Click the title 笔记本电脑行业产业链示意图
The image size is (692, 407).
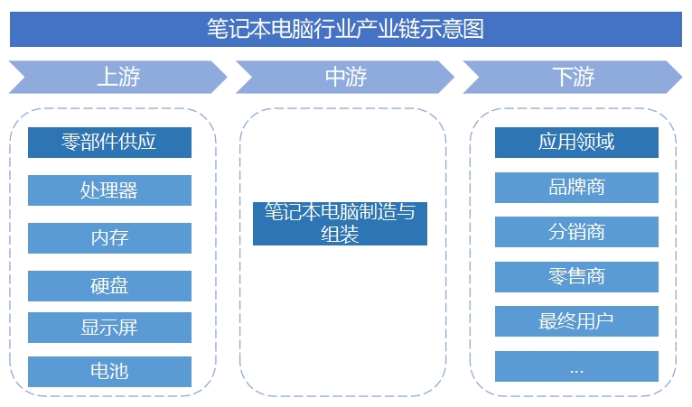pos(346,29)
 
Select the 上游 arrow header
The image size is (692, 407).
pos(118,77)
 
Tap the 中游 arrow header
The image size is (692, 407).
pos(345,77)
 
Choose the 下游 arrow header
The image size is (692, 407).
pos(573,77)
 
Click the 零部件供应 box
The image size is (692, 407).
pos(109,143)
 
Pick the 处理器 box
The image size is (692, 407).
pos(109,190)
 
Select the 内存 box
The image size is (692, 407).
pos(109,238)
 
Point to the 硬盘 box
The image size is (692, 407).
pos(109,286)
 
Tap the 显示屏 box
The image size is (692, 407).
pos(109,328)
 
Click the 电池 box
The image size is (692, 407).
pos(109,371)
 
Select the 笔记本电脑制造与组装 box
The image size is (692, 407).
pos(340,224)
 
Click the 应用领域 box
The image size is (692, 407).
pos(576,143)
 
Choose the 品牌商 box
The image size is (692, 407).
pos(576,187)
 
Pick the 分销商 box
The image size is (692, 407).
pos(576,232)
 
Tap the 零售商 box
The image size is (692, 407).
pos(576,276)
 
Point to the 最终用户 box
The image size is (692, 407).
pos(576,321)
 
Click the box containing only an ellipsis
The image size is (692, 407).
pos(576,366)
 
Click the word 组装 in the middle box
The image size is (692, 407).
pos(340,235)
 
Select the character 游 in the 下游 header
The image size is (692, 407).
pos(584,77)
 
